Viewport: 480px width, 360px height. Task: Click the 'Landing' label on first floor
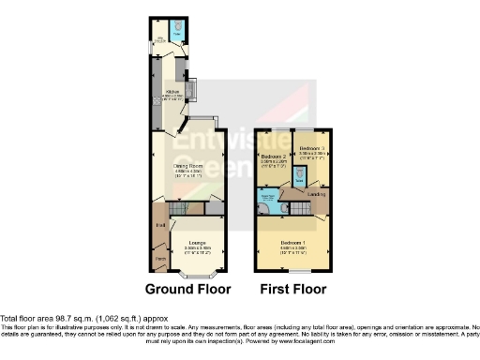click(x=316, y=194)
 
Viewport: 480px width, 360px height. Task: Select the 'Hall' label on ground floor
click(x=160, y=225)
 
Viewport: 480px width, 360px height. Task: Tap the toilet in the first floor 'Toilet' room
click(x=298, y=173)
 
